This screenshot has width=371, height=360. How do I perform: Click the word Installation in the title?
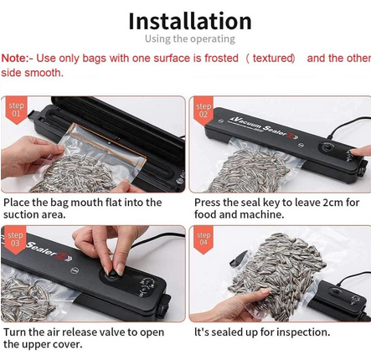189,20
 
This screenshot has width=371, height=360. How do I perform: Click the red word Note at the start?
14,59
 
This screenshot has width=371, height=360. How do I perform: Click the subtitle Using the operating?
189,39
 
